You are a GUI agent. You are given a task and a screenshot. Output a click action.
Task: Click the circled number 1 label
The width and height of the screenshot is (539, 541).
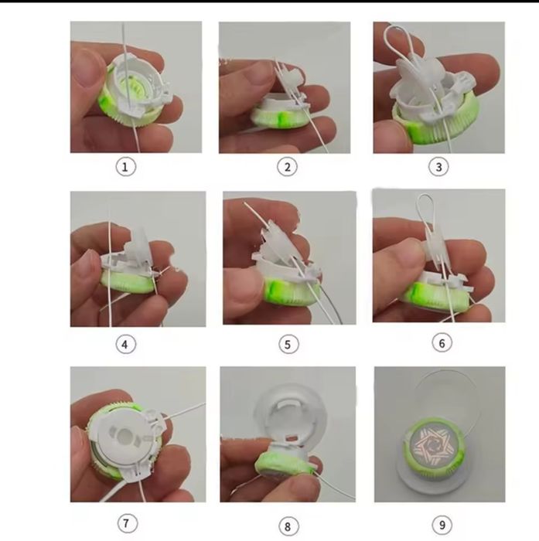click(125, 167)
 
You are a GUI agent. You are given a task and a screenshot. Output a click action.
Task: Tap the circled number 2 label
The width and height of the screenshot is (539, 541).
click(287, 167)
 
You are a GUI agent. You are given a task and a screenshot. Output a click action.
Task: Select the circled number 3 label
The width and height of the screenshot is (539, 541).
click(438, 167)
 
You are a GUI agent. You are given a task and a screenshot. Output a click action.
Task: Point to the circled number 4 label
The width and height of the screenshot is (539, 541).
click(125, 344)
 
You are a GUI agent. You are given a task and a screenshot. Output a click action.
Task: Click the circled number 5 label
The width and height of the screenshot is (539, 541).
click(288, 344)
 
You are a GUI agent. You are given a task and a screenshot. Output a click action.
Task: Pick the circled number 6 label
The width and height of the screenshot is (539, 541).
click(442, 343)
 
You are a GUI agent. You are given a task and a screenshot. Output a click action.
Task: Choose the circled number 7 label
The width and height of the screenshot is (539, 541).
click(126, 523)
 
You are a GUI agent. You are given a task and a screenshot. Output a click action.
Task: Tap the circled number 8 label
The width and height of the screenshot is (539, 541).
click(288, 527)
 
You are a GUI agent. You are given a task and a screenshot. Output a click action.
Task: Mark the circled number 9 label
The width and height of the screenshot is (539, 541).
click(442, 525)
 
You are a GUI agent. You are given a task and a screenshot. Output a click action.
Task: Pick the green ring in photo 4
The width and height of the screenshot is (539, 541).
click(128, 282)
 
